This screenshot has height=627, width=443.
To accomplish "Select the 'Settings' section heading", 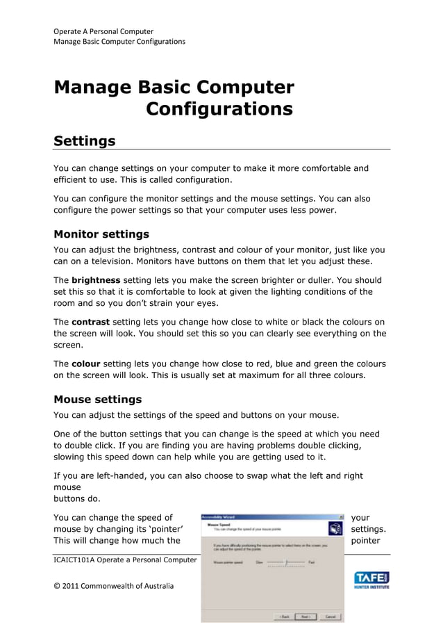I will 85,141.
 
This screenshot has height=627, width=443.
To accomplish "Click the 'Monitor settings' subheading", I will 101,234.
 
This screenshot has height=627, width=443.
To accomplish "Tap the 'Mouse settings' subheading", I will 98,400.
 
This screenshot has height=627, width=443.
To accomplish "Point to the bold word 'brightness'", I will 100,280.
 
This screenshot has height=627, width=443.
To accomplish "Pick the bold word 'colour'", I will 85,364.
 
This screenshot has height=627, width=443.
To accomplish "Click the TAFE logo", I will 371,578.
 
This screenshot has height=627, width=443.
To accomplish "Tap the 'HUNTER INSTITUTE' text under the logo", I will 371,587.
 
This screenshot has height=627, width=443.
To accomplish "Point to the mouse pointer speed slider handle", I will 286,562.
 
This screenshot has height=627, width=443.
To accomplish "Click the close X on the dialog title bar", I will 341,517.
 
